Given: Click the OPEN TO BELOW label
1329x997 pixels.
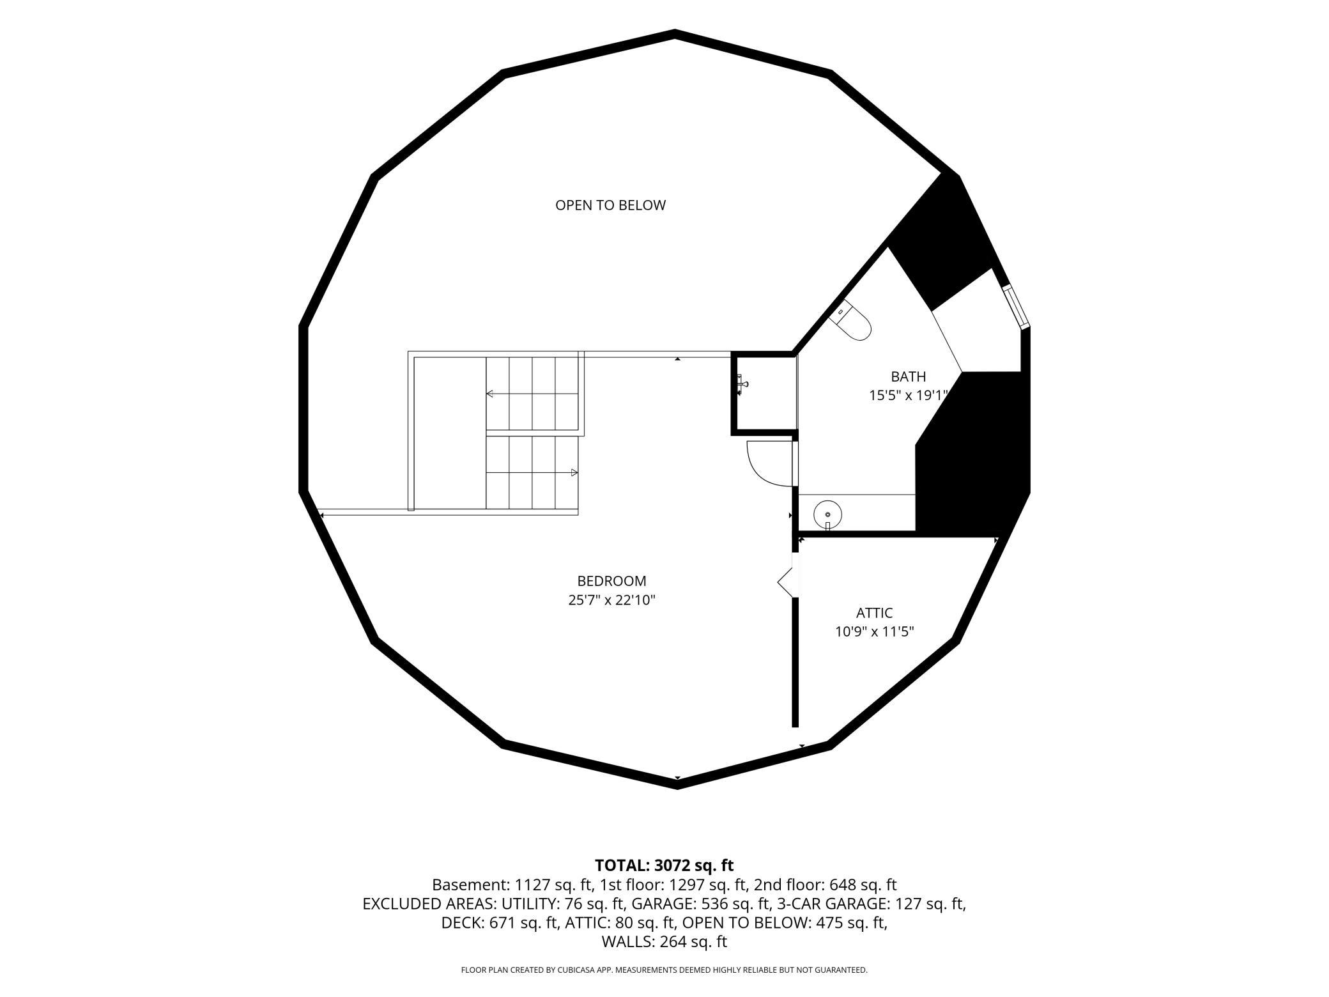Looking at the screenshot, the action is click(x=610, y=205).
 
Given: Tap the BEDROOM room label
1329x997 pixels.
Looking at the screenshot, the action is click(x=611, y=581).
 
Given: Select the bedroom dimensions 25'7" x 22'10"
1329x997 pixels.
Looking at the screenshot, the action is click(x=611, y=600).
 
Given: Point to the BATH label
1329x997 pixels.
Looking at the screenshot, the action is click(x=908, y=376).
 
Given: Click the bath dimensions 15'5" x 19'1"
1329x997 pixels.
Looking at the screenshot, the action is click(x=907, y=396).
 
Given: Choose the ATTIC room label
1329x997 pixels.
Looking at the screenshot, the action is click(x=874, y=613).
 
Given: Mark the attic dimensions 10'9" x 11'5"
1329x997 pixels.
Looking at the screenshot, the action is click(x=874, y=632).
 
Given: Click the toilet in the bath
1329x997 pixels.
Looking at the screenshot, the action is click(x=850, y=320).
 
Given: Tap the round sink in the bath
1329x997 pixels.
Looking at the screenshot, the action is click(x=827, y=514).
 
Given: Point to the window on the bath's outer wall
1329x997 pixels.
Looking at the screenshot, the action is click(x=1016, y=306).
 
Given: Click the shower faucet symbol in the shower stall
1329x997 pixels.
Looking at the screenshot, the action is click(x=742, y=385).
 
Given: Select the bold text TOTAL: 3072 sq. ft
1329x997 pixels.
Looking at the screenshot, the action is click(x=664, y=865).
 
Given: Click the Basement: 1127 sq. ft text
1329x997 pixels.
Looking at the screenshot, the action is click(x=513, y=885).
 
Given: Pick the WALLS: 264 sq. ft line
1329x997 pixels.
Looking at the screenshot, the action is click(x=664, y=942).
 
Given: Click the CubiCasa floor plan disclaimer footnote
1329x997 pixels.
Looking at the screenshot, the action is click(x=664, y=970).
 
